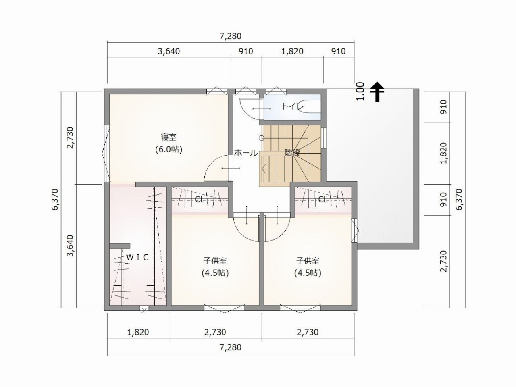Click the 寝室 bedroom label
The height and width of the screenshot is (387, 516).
[x=169, y=137]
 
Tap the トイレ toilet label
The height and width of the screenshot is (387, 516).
[x=293, y=107]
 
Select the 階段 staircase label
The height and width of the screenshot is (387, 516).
[x=292, y=153]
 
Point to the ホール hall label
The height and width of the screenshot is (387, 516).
[x=246, y=153]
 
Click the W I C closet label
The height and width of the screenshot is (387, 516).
[x=138, y=258]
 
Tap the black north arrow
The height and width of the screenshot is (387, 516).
[x=377, y=92]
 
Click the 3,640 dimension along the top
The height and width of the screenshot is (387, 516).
[x=169, y=51]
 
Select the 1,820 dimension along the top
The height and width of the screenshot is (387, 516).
[x=292, y=51]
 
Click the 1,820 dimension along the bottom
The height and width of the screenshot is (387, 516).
[x=138, y=332]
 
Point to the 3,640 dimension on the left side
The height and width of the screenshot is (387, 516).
[x=70, y=246]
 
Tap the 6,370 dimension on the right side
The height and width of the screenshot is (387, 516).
[x=459, y=199]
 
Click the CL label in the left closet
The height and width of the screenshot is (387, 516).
[x=200, y=200]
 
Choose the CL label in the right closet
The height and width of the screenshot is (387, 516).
[x=323, y=200]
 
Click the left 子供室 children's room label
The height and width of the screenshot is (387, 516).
[x=215, y=261]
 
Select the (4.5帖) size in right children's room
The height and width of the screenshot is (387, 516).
[x=308, y=273]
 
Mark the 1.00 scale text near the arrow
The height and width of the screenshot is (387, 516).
[x=360, y=91]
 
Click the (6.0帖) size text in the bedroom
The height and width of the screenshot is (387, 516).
[x=169, y=150]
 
